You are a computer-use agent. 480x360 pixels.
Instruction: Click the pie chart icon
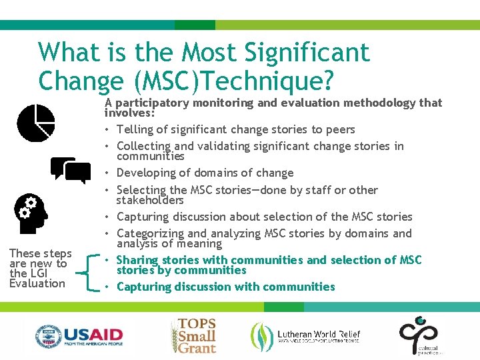point(36,123)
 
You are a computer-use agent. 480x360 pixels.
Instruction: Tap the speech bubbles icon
point(71,170)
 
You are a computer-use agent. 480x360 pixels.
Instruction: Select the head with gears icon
point(31,213)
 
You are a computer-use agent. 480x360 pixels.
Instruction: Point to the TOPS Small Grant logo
point(194,335)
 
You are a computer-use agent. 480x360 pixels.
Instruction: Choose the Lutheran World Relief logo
point(305,335)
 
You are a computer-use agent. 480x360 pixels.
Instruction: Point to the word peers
point(340,129)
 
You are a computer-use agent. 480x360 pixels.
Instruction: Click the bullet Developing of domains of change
point(205,173)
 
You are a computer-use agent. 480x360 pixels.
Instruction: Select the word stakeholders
point(150,200)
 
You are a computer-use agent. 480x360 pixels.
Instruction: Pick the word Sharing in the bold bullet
point(137,260)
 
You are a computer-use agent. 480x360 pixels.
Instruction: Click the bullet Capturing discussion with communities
point(225,287)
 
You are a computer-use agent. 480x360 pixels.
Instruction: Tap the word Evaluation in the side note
point(37,283)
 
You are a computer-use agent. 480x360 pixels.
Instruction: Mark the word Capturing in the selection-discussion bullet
point(143,217)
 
